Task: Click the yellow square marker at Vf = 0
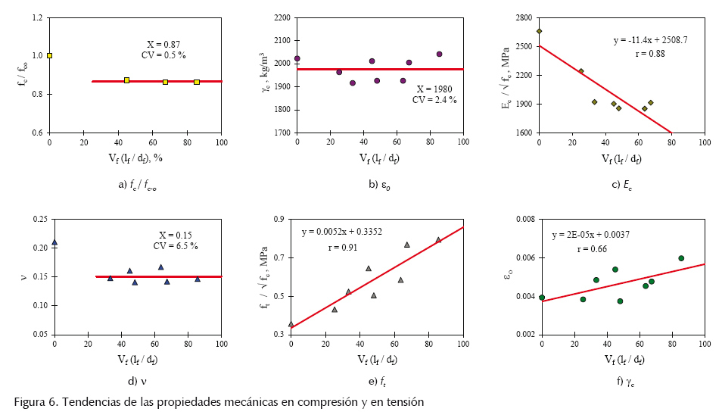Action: pos(49,55)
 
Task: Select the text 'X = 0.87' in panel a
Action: pos(163,45)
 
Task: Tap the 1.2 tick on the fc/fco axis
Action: pos(37,17)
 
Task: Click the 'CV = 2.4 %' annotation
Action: pos(434,99)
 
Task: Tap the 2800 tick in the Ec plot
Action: pos(524,17)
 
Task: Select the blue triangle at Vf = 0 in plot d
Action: pos(54,242)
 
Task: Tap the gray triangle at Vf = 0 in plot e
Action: pos(291,324)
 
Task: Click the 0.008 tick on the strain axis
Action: pos(522,220)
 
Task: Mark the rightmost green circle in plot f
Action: pos(681,258)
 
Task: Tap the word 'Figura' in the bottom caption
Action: pos(30,401)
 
